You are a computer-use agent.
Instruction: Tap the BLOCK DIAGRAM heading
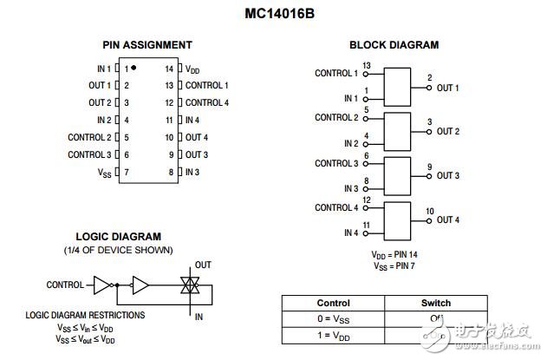(394, 45)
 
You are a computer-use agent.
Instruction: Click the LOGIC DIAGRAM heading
(118, 236)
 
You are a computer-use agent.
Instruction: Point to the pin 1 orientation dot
(134, 67)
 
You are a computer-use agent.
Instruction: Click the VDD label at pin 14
(194, 68)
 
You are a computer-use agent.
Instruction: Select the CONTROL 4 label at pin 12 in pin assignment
(206, 102)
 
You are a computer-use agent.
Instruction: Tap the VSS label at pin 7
(105, 172)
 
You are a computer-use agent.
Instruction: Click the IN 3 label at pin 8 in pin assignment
(192, 172)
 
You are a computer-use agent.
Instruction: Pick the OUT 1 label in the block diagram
(447, 88)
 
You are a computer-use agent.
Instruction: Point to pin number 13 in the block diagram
(368, 66)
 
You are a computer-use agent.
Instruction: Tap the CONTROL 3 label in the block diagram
(336, 163)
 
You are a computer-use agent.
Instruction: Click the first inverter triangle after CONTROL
(103, 284)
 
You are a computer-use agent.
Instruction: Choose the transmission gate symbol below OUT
(184, 285)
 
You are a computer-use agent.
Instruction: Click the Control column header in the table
(333, 304)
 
